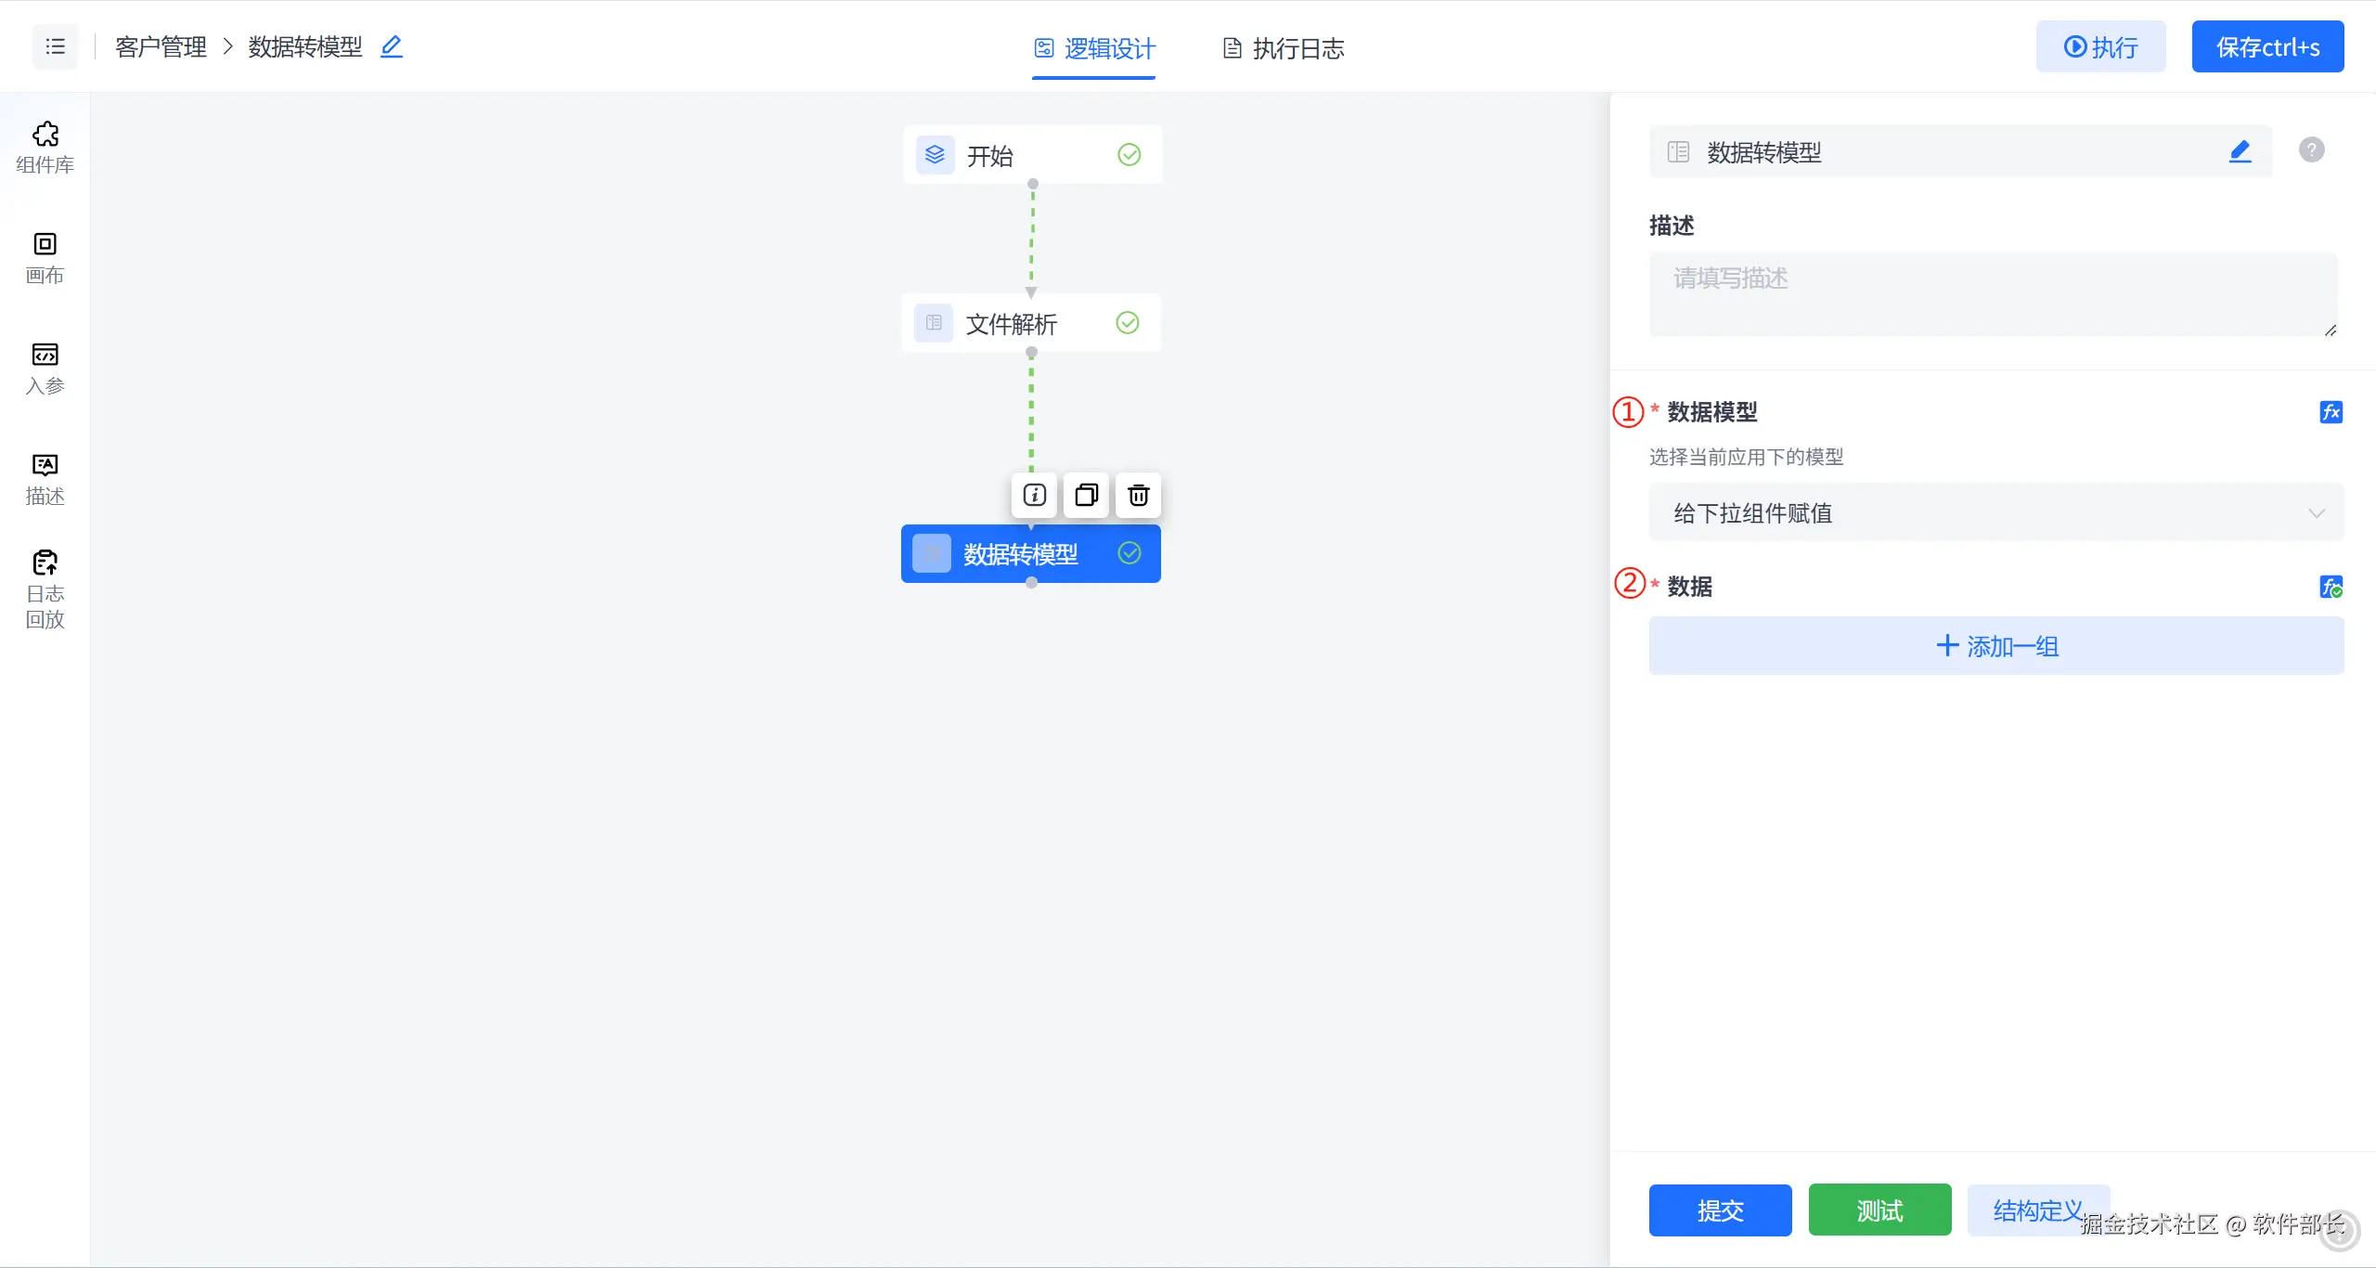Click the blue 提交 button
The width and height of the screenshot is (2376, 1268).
[x=1720, y=1210]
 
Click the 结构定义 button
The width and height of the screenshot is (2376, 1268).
[x=2037, y=1210]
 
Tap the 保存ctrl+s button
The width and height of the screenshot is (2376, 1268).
[x=2267, y=46]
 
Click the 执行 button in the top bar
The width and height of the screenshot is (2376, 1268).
[x=2100, y=46]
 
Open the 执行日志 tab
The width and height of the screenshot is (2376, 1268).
[x=1284, y=48]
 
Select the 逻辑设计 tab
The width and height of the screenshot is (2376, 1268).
[x=1094, y=48]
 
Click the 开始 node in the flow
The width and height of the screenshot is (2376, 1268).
[x=1031, y=155]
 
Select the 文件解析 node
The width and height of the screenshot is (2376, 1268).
[x=1030, y=323]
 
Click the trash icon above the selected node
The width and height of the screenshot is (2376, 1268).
[x=1138, y=495]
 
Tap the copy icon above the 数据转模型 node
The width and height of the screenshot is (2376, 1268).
[x=1086, y=495]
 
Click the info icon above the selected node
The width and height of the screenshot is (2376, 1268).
[x=1034, y=495]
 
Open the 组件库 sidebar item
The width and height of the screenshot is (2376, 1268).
[x=45, y=148]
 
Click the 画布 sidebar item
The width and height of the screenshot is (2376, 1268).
[x=45, y=258]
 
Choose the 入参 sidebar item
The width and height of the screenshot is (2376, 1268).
[x=45, y=369]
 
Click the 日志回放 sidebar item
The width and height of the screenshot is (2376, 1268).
[x=45, y=589]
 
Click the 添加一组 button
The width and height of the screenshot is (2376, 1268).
[x=1995, y=646]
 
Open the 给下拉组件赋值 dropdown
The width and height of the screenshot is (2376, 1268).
[x=1995, y=513]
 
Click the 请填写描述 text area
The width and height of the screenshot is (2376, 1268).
[x=1992, y=293]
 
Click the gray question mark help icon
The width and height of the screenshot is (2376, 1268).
[x=2311, y=149]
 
